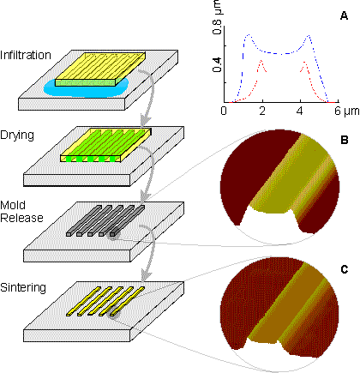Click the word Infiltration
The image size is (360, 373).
tap(26, 55)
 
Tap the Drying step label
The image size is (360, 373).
tap(17, 135)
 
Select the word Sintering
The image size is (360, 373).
tap(23, 287)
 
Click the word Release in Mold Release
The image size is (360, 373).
tap(21, 218)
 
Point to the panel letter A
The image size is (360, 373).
tap(345, 16)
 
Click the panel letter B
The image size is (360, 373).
tap(345, 140)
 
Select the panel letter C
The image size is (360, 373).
tap(345, 269)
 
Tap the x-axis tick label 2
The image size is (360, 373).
tap(262, 111)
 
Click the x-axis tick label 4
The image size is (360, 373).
tap(300, 111)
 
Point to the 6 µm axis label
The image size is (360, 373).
tap(346, 111)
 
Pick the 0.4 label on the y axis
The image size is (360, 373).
tap(218, 65)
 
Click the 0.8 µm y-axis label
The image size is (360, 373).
tap(218, 18)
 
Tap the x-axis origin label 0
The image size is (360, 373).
tap(225, 111)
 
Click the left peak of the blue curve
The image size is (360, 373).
tap(249, 34)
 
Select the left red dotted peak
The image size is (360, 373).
tap(261, 60)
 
